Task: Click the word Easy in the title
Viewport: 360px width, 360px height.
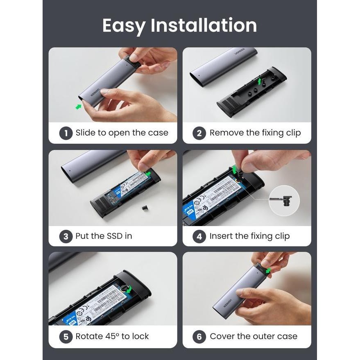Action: [x=124, y=25]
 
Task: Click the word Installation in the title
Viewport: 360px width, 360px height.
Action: [x=204, y=25]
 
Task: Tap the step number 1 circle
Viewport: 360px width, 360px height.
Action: [x=66, y=133]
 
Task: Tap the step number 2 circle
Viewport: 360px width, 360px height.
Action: [x=199, y=133]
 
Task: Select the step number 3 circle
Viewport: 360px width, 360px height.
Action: [x=66, y=236]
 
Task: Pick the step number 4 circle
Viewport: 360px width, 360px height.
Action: [x=199, y=236]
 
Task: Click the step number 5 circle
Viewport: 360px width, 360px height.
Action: [x=66, y=337]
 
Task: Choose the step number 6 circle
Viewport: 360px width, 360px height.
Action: [x=199, y=337]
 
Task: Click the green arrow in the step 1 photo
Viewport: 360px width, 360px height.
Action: [x=78, y=106]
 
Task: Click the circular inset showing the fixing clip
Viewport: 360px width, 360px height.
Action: [x=284, y=201]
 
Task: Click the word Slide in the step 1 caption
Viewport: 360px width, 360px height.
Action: [x=86, y=133]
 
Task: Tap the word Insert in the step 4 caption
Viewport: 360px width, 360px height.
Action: [x=222, y=236]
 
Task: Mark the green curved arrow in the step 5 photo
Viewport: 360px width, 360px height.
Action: [x=129, y=290]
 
